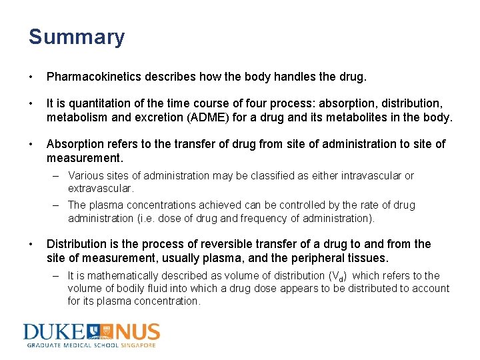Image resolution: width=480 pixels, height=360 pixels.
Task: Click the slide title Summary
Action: (x=76, y=37)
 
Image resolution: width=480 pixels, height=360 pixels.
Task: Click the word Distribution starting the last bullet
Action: (x=75, y=244)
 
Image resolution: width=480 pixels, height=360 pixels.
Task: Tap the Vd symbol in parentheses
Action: (x=338, y=276)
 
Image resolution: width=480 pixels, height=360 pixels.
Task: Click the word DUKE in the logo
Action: (x=53, y=332)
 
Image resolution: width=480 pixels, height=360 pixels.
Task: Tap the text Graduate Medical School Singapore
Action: (x=91, y=345)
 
